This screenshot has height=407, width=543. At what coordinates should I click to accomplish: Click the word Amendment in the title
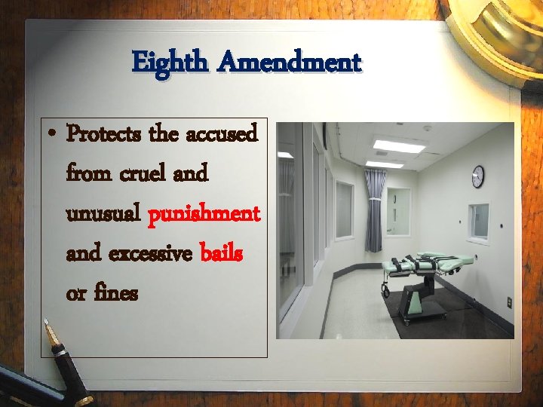tap(289, 61)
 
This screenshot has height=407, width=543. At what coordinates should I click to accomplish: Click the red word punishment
tap(204, 215)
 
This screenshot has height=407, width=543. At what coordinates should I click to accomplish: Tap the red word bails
tap(222, 253)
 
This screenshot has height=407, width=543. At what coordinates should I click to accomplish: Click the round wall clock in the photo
tap(477, 176)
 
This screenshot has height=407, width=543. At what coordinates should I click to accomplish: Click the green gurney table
tap(426, 263)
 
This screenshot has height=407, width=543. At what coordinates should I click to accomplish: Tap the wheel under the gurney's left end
tap(386, 289)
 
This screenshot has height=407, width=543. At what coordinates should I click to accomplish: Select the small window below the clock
tap(478, 221)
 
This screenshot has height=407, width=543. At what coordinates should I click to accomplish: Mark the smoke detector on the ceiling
tap(427, 128)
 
